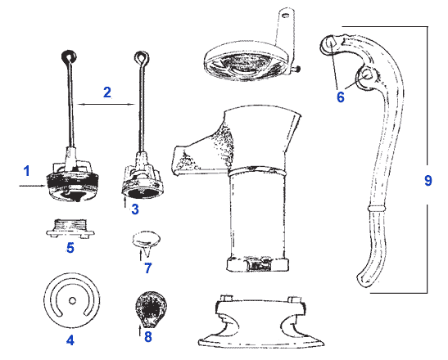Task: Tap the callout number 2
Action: click(106, 92)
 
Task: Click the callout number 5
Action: click(70, 246)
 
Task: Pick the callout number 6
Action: click(341, 96)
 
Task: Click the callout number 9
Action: click(428, 181)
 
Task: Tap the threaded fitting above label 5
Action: click(70, 227)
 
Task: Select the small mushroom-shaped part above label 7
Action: click(146, 240)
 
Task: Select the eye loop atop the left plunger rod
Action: click(68, 56)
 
